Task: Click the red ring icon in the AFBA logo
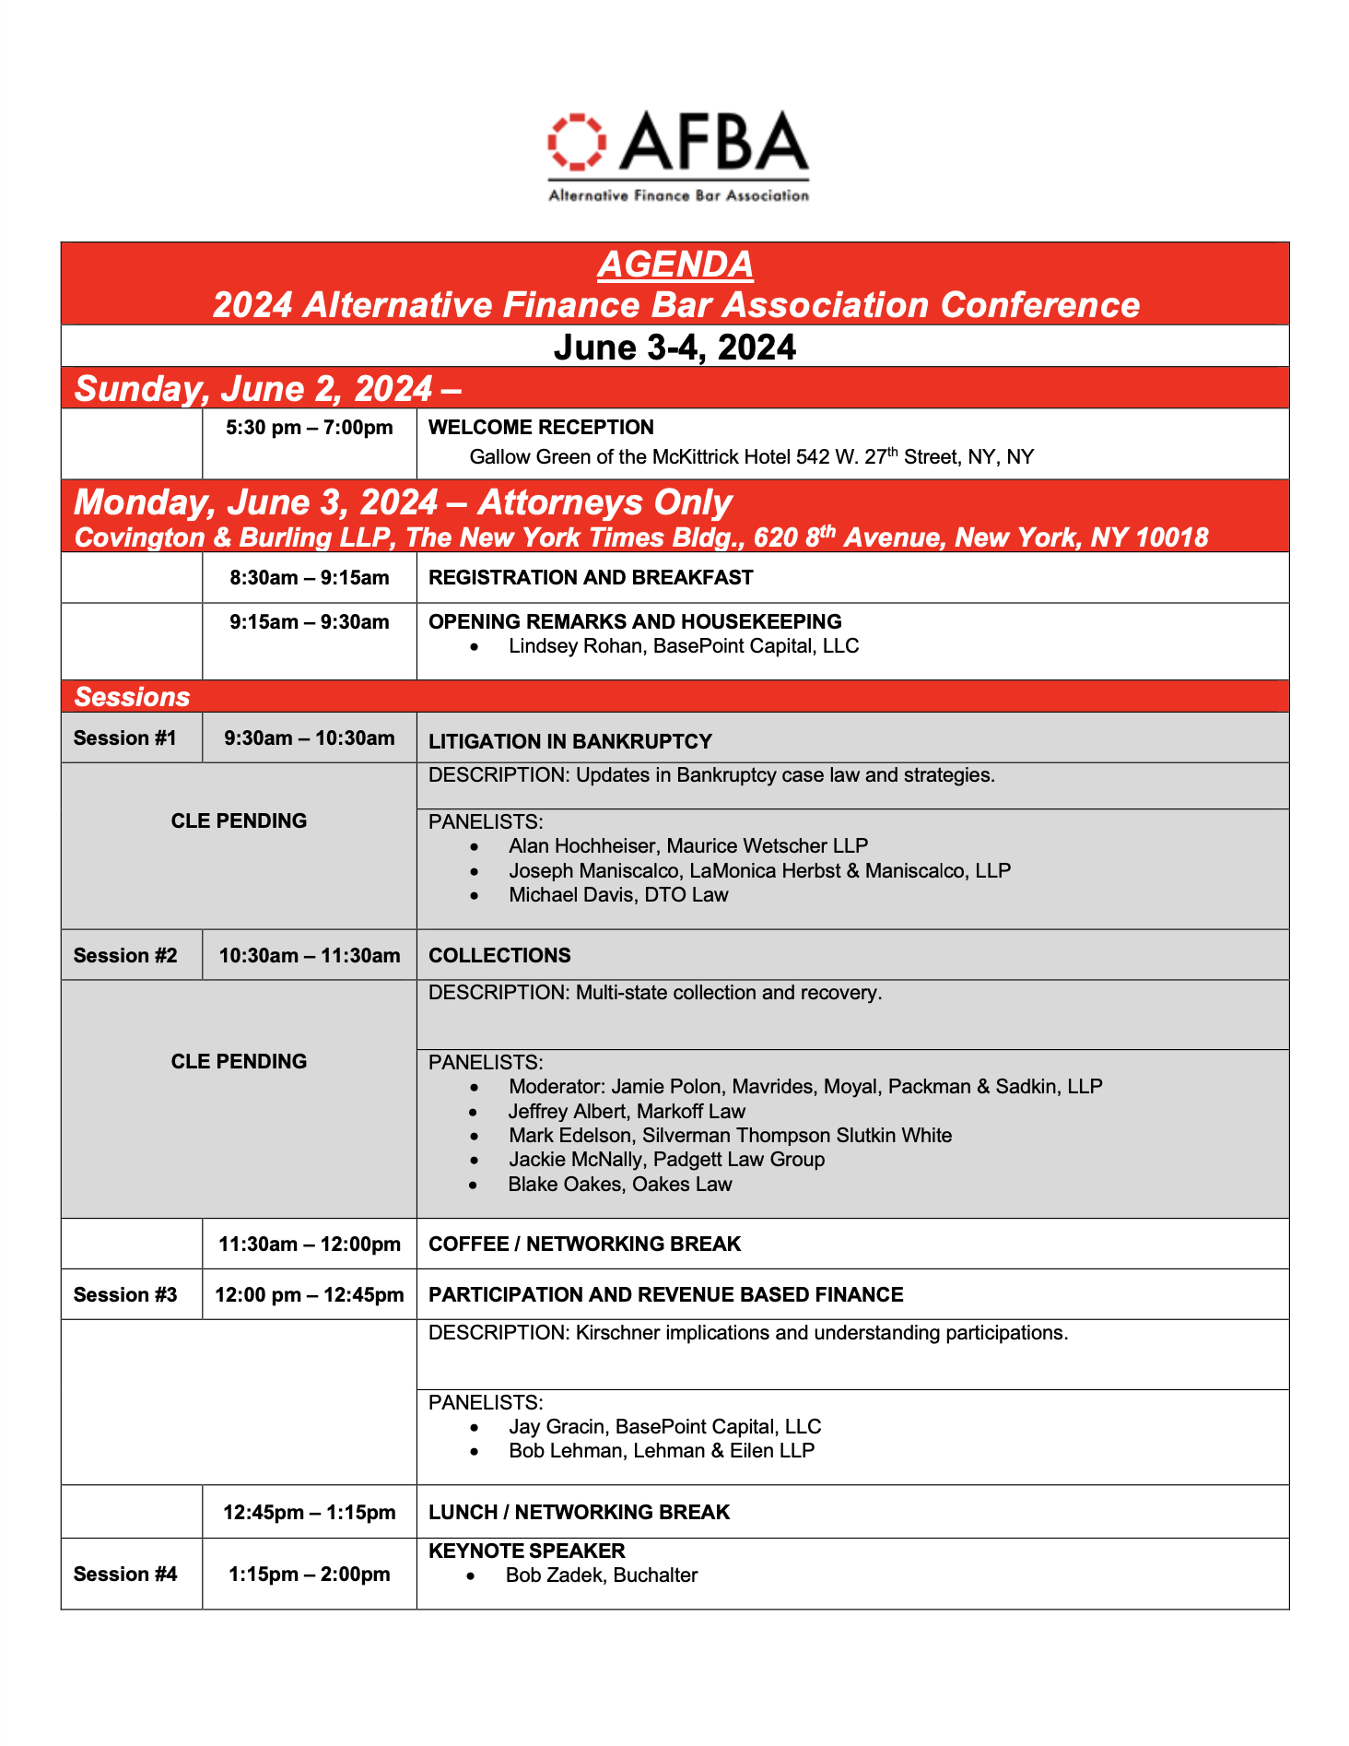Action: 577,142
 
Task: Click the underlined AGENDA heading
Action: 675,265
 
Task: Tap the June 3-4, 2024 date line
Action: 674,348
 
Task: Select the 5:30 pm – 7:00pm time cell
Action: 310,428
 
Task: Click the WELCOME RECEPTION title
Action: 541,428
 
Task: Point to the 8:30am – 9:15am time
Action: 310,578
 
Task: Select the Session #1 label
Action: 124,738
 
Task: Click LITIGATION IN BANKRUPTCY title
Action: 570,742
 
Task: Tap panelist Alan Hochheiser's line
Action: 687,846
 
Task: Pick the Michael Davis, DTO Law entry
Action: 618,895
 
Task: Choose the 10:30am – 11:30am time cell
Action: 310,956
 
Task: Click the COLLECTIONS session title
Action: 499,956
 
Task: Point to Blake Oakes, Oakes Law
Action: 620,1185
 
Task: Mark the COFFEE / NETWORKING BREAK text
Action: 584,1245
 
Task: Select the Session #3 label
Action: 125,1295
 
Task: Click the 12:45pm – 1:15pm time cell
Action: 310,1513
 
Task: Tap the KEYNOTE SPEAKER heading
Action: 527,1551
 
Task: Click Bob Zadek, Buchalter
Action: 601,1575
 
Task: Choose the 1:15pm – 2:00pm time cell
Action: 310,1575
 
